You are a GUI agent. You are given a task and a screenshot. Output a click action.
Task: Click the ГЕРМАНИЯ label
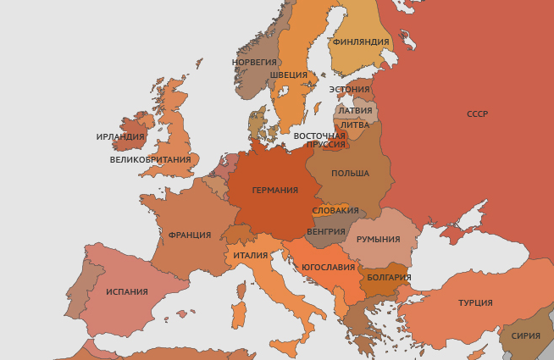click(x=275, y=191)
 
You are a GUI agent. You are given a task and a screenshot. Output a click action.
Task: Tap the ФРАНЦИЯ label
click(x=190, y=235)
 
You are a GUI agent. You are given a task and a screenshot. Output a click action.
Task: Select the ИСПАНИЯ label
click(x=127, y=292)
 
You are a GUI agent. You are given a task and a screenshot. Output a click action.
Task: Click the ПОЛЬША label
click(x=350, y=174)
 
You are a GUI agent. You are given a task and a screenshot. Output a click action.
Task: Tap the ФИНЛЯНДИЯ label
click(x=361, y=42)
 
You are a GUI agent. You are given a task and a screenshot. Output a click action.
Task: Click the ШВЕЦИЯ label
click(x=289, y=75)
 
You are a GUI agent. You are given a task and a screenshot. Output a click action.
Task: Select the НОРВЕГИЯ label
click(x=255, y=62)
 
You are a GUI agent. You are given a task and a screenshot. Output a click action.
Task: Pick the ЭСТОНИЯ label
click(x=349, y=90)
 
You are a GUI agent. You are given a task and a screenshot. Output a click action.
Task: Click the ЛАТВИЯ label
click(x=354, y=110)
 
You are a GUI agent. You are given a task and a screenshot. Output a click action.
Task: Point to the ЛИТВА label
click(x=354, y=125)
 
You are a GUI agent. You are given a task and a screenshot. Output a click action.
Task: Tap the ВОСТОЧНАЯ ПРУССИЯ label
click(x=319, y=140)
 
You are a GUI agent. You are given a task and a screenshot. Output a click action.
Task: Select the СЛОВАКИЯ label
click(x=335, y=211)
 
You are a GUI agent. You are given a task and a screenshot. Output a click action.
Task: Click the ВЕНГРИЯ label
click(x=326, y=231)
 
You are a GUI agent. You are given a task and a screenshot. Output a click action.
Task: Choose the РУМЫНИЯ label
click(x=378, y=240)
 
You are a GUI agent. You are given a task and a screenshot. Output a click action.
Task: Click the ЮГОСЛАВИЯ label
click(x=328, y=268)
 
